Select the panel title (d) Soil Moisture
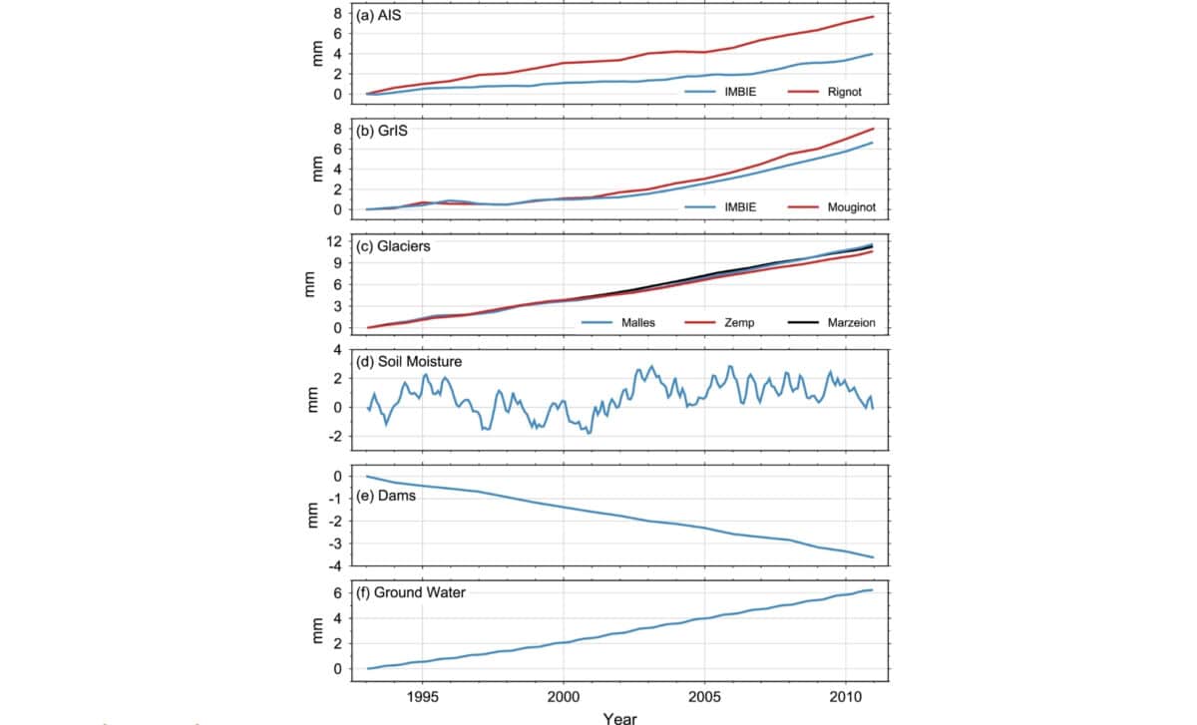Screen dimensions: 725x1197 pyautogui.click(x=409, y=361)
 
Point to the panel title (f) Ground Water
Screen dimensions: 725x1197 pyautogui.click(x=411, y=592)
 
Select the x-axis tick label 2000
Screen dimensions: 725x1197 pyautogui.click(x=564, y=696)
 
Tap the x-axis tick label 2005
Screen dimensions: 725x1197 pyautogui.click(x=705, y=696)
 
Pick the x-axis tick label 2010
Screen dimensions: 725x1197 pyautogui.click(x=846, y=696)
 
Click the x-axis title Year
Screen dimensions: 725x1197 pyautogui.click(x=619, y=717)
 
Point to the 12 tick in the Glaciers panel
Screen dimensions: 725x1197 pyautogui.click(x=336, y=243)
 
